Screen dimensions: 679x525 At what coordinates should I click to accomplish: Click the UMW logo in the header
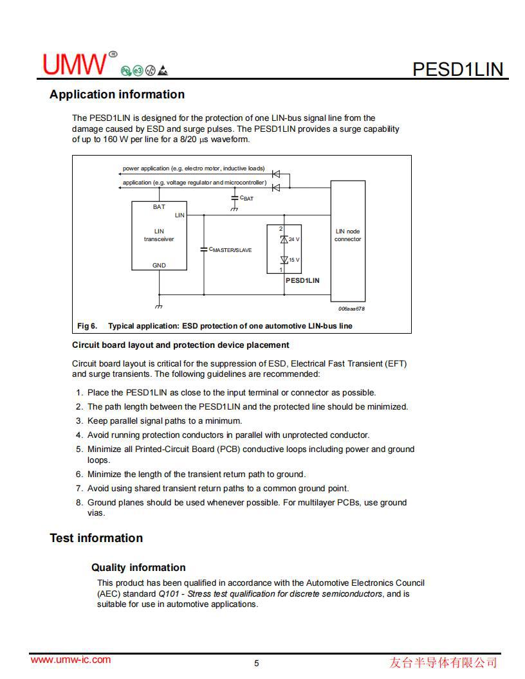click(x=76, y=64)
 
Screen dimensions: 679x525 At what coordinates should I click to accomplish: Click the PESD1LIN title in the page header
click(x=457, y=69)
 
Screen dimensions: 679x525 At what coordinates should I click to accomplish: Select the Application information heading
click(x=117, y=95)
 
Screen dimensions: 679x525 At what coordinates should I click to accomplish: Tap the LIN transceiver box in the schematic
click(x=159, y=235)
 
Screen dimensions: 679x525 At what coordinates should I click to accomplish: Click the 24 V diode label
click(x=294, y=239)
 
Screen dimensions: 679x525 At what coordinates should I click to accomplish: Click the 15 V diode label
click(x=294, y=260)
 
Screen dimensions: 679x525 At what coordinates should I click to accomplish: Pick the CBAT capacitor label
click(x=246, y=199)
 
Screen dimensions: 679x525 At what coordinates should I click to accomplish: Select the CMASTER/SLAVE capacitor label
click(x=230, y=249)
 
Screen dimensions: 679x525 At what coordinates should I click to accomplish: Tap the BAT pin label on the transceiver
click(x=159, y=207)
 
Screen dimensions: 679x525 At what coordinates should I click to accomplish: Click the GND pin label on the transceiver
click(x=159, y=265)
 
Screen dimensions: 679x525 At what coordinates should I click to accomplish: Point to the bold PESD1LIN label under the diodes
click(x=302, y=280)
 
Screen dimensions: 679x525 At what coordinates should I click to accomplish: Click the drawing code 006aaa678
click(x=351, y=309)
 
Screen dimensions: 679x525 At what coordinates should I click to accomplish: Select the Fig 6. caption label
click(x=87, y=326)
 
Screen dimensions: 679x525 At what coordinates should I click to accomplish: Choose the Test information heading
click(x=97, y=538)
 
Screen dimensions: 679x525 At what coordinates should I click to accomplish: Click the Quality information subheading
click(x=138, y=568)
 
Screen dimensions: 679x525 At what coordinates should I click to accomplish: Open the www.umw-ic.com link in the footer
click(x=71, y=660)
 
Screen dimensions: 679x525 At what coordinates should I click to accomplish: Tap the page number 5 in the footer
click(x=257, y=664)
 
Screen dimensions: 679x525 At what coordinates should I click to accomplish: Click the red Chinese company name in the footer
click(x=443, y=662)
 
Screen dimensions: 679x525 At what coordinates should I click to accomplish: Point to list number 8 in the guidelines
click(x=79, y=503)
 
